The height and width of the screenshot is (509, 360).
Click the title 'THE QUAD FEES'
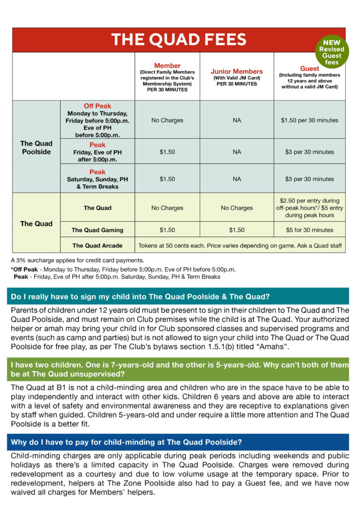tap(179, 40)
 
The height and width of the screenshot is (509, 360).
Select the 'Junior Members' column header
tap(237, 72)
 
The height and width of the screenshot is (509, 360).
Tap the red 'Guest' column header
tap(309, 68)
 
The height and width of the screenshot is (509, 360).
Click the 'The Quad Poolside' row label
tap(36, 148)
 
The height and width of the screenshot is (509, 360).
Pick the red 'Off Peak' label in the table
tap(97, 106)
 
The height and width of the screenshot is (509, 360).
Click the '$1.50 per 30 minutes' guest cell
tap(309, 120)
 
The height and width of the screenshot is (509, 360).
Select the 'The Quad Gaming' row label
tap(97, 230)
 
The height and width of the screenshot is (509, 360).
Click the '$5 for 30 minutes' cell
tap(309, 230)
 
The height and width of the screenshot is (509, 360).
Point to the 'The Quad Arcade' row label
tap(97, 245)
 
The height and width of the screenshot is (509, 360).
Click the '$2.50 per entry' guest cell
tap(309, 208)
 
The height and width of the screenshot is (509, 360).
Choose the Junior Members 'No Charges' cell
tap(237, 208)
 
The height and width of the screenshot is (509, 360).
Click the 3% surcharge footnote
tap(77, 260)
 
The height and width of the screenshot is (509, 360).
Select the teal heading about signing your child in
tap(140, 297)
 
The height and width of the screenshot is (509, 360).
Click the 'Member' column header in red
tap(167, 66)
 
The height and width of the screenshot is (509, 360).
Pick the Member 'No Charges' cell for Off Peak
tap(167, 120)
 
